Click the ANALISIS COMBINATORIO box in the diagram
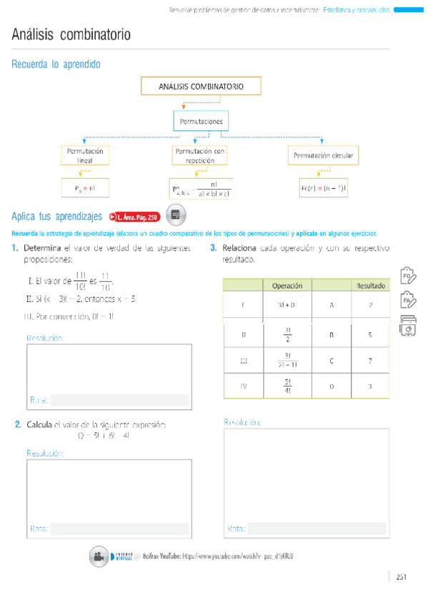(201, 87)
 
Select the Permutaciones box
(201, 122)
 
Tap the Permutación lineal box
(85, 155)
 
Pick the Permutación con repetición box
(200, 155)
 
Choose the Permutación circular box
(323, 155)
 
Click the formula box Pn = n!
(85, 188)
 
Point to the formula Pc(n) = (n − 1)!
(323, 188)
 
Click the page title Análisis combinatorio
(71, 35)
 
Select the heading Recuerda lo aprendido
(56, 64)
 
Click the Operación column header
(288, 286)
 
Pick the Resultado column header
(370, 286)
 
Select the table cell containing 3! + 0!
(287, 305)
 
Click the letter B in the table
(332, 334)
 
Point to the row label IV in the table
(243, 387)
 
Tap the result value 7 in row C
(370, 361)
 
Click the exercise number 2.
(18, 424)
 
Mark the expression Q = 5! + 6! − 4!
(103, 435)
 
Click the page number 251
(401, 577)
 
